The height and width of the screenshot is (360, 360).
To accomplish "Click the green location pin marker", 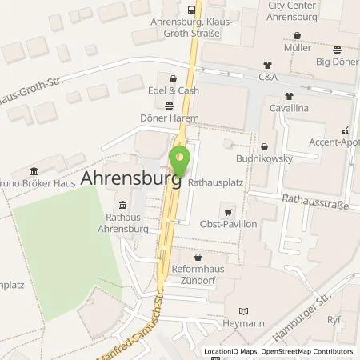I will (x=180, y=157).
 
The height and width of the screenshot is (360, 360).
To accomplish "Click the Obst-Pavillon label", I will (x=230, y=224).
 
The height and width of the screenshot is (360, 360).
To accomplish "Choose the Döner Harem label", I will (x=170, y=118).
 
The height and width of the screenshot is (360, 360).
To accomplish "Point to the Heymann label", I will (x=243, y=323).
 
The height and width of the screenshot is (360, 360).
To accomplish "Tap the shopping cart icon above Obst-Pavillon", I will (x=230, y=212).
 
